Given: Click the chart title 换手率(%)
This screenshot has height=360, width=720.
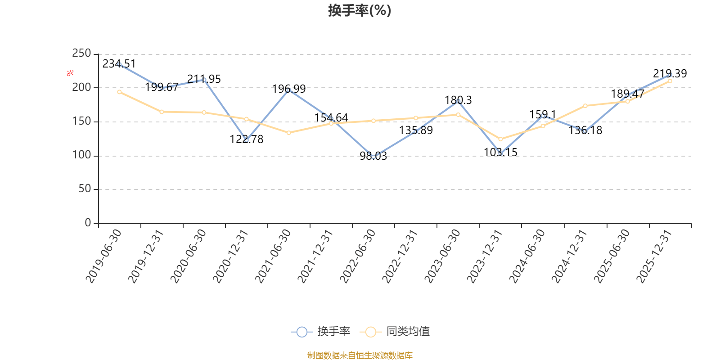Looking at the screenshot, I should (x=360, y=10).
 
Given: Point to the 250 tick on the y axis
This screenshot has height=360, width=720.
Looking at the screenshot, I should (x=81, y=54).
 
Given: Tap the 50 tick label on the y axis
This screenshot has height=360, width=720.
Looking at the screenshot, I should (x=85, y=189).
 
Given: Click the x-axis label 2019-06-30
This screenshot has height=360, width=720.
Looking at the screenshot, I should (x=104, y=256).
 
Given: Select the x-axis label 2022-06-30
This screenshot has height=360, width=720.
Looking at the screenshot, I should (x=358, y=256).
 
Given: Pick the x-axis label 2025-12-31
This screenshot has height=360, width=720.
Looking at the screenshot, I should (x=655, y=256).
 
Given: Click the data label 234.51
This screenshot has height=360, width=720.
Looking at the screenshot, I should (x=119, y=64).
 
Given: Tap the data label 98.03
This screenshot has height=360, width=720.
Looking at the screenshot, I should (x=373, y=156).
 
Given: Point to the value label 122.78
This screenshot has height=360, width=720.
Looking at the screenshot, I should (x=247, y=139).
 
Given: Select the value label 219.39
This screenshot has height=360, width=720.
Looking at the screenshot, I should (x=670, y=74).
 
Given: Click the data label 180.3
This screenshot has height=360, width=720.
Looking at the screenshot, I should (x=458, y=100).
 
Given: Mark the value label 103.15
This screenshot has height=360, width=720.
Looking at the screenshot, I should (x=500, y=153).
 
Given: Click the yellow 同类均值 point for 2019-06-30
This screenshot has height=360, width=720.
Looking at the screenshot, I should (x=119, y=92).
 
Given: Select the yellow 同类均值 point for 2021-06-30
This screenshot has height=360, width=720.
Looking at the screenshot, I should (x=289, y=133).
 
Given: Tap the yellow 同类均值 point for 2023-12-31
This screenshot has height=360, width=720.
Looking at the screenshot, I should (x=500, y=139).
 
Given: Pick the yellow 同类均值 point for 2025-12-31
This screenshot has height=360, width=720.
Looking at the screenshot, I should (x=670, y=81).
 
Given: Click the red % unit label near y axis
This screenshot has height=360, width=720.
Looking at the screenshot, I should (x=70, y=73).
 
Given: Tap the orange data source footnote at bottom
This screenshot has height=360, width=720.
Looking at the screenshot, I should (x=360, y=355).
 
